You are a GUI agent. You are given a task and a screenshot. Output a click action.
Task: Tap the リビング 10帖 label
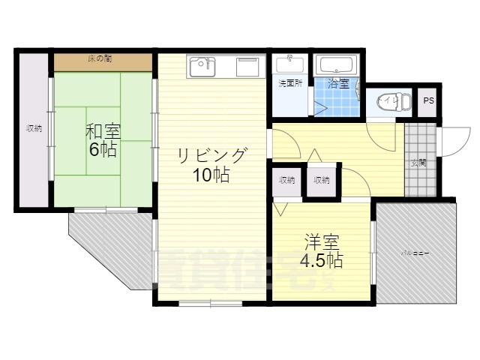pyautogui.click(x=211, y=166)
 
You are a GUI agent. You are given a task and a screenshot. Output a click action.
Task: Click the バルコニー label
pyautogui.click(x=414, y=254)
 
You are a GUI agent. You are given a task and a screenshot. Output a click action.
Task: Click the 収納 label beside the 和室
pyautogui.click(x=34, y=128)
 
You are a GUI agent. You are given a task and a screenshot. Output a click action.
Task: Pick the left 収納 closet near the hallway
pyautogui.click(x=287, y=180)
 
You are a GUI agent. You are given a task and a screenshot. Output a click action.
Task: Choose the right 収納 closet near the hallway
pyautogui.click(x=321, y=180)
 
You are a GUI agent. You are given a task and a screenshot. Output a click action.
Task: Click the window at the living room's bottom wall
pyautogui.click(x=210, y=303)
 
